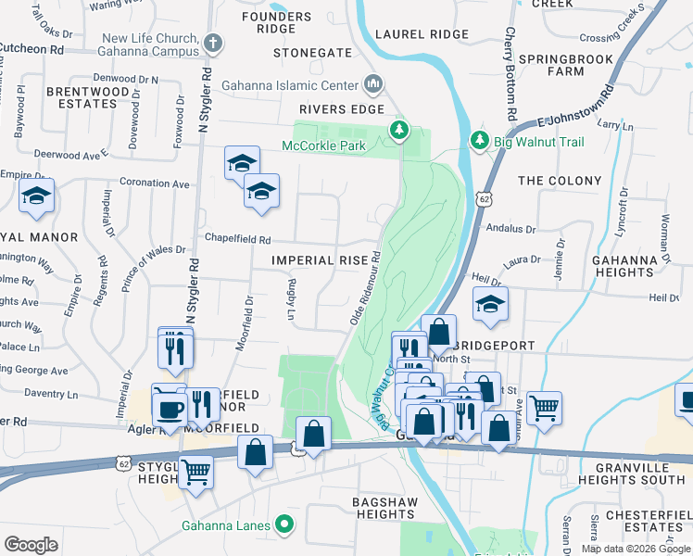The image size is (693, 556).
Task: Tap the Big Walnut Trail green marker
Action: [x=479, y=141]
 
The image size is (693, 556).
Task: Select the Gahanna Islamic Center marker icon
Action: [x=373, y=85]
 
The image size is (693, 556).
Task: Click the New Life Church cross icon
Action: [x=213, y=43]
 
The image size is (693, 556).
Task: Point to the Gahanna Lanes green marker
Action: [x=285, y=525]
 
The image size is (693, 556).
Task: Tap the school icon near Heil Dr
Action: [x=489, y=304]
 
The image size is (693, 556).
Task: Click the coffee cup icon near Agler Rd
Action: [x=168, y=405]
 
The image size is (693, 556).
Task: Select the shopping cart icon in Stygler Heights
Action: [x=195, y=471]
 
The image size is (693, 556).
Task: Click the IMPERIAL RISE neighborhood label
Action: [x=320, y=260]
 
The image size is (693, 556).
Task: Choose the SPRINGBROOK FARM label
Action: [x=564, y=65]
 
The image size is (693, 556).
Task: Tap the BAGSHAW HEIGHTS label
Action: [x=363, y=508]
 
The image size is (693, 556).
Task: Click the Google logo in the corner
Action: [x=31, y=545]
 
